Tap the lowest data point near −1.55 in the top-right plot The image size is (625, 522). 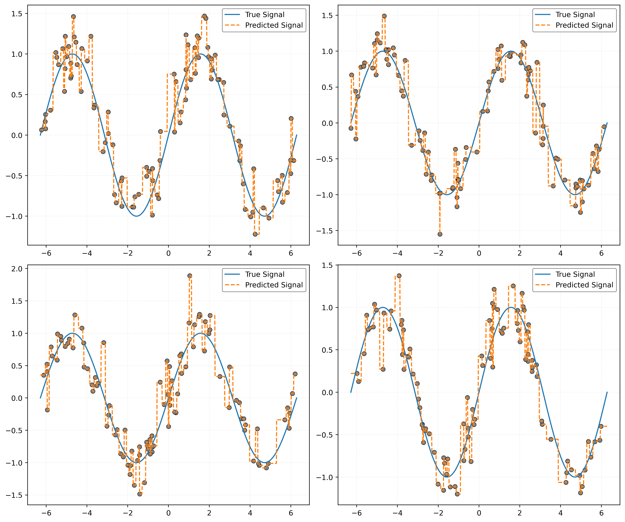pos(440,234)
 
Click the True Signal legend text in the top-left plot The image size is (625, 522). pos(265,15)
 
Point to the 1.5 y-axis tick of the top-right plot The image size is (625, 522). pos(327,15)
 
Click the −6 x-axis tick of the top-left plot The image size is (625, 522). pos(46,253)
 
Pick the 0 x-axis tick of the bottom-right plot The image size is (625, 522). pos(479,513)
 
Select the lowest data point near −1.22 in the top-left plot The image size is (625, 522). pos(255,234)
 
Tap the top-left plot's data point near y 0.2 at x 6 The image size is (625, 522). pos(291,119)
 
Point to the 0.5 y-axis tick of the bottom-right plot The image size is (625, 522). pos(327,350)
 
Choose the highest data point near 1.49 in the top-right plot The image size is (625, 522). pos(384,16)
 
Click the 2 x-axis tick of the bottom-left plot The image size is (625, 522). pos(209,513)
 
